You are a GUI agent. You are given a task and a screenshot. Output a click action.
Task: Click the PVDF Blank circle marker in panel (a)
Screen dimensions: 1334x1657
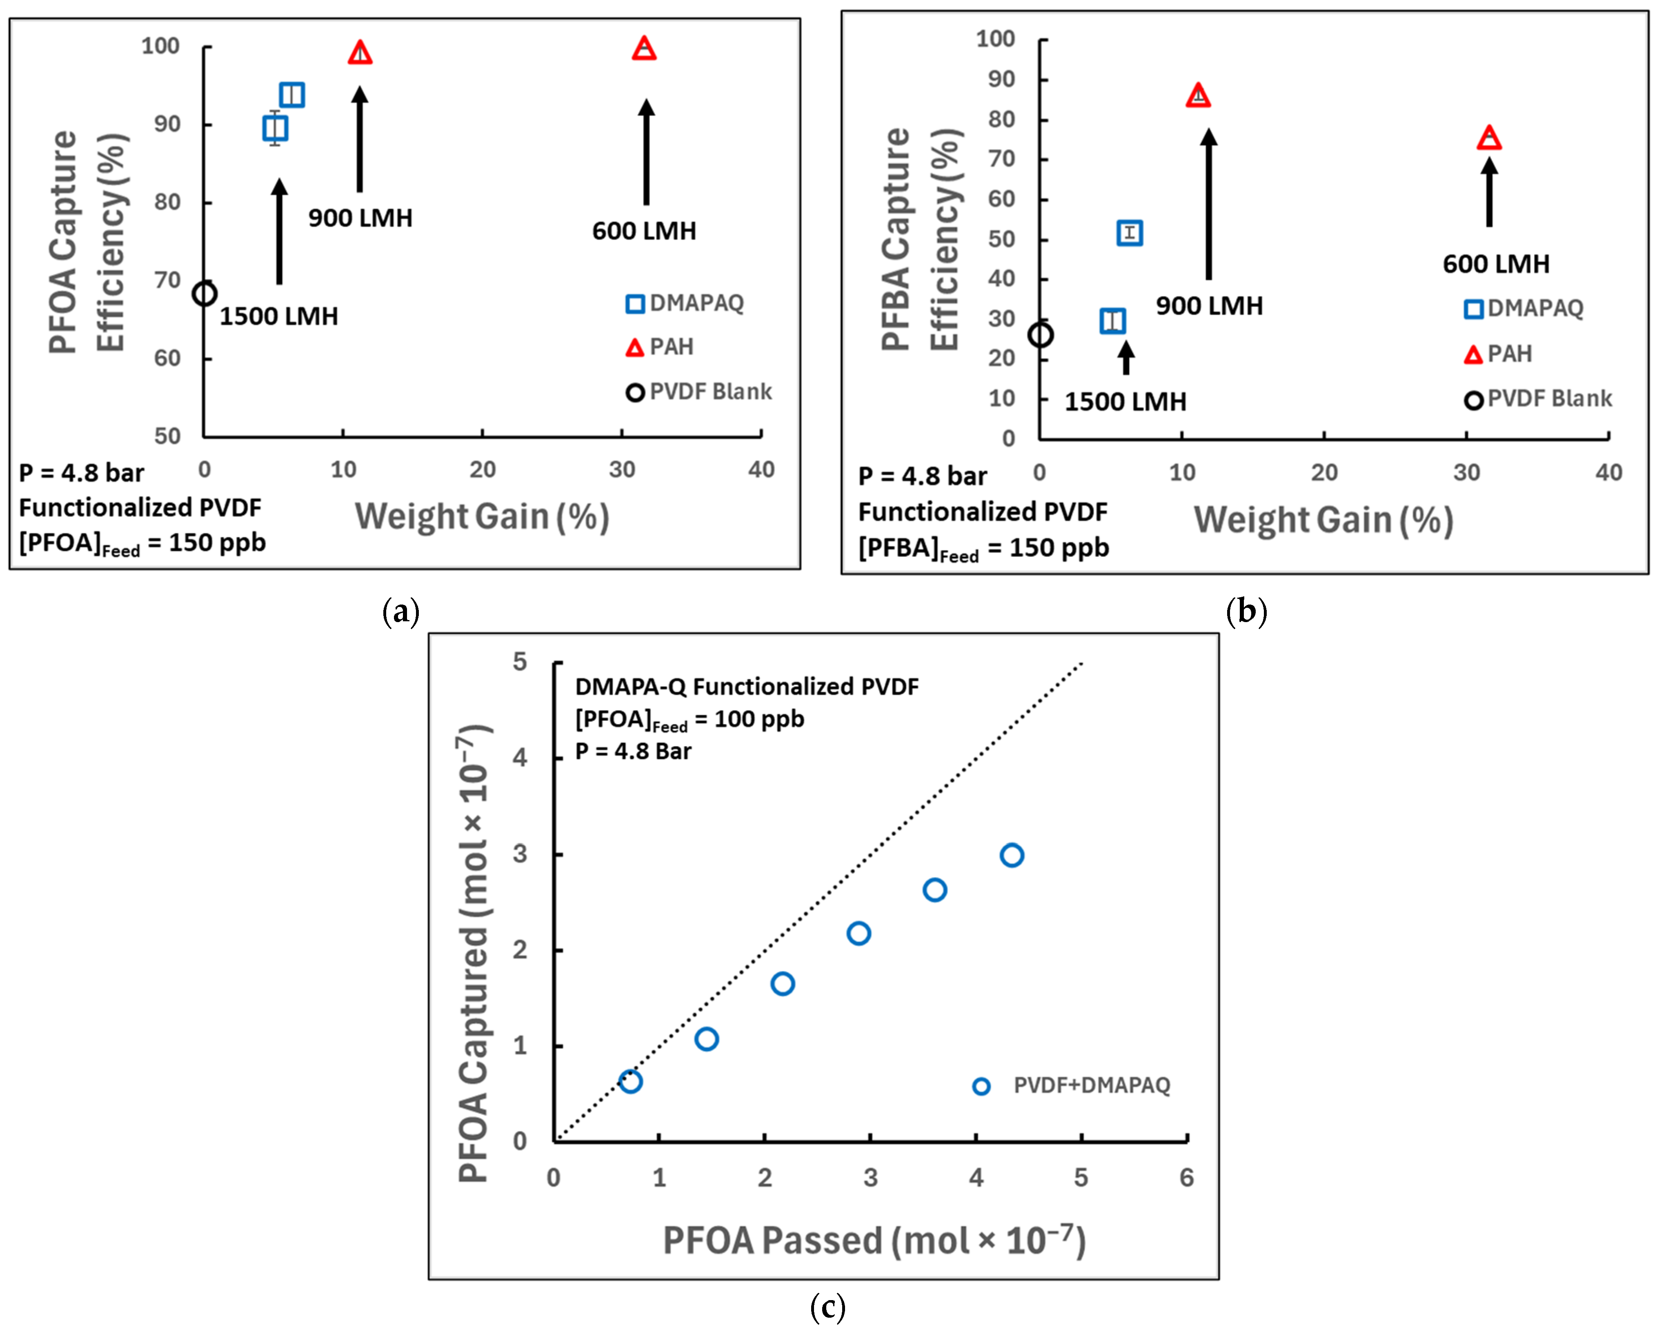click(x=205, y=293)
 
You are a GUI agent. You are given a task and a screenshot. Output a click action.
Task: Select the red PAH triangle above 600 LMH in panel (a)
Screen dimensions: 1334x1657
click(x=644, y=49)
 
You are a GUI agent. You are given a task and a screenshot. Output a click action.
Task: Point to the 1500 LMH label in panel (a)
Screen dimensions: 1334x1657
click(x=279, y=316)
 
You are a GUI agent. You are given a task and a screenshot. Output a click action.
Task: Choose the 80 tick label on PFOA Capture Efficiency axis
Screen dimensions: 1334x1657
click(x=167, y=202)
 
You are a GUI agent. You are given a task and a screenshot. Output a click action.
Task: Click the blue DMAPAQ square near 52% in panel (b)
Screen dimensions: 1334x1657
click(x=1129, y=233)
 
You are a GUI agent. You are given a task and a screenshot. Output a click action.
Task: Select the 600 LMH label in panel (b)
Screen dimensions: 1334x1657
click(x=1496, y=264)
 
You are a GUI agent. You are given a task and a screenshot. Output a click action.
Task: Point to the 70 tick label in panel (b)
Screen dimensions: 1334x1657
click(x=1001, y=159)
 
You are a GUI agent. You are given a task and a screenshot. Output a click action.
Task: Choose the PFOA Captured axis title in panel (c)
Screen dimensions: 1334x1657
click(x=475, y=953)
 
